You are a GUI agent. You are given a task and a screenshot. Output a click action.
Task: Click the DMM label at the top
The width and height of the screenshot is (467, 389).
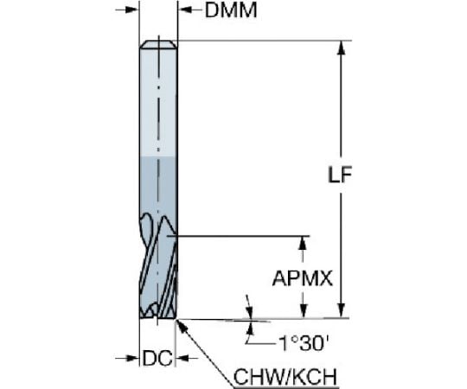[231, 10]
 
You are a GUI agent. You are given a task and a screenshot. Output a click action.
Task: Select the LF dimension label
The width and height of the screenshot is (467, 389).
[340, 175]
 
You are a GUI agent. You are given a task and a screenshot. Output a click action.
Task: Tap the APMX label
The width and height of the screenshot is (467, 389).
[303, 279]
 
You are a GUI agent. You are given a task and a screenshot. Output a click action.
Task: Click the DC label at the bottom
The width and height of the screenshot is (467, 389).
[157, 358]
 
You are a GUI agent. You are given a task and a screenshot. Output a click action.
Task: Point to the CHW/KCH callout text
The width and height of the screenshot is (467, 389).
[285, 377]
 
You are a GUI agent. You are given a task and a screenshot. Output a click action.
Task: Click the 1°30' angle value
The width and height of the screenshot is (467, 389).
[304, 343]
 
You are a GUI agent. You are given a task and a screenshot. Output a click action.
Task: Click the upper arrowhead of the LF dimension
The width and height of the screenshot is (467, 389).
[342, 48]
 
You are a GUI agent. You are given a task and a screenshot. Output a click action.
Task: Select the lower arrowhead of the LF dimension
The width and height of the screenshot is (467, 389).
[342, 310]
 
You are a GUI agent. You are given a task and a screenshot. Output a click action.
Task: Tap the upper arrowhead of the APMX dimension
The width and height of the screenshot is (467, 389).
[303, 244]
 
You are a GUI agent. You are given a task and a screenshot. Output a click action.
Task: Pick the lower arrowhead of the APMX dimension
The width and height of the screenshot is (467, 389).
[303, 310]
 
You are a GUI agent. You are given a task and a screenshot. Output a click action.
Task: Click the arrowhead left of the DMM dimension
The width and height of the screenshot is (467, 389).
[131, 10]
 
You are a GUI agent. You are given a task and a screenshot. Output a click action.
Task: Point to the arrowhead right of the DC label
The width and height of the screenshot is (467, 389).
[183, 358]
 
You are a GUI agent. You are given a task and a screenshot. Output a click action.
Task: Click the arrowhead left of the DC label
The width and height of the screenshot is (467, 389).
[131, 358]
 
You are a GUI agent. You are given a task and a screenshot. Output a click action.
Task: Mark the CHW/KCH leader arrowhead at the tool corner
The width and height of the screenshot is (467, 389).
[182, 326]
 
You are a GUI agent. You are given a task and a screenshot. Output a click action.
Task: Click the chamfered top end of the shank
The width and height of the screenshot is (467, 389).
[159, 44]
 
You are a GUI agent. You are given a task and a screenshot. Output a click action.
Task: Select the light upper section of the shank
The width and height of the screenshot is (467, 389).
[159, 102]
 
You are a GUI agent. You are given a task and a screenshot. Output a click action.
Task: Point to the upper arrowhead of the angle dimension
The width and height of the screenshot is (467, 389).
[250, 312]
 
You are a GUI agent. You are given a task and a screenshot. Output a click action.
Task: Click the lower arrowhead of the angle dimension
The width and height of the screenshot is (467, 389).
[250, 328]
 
